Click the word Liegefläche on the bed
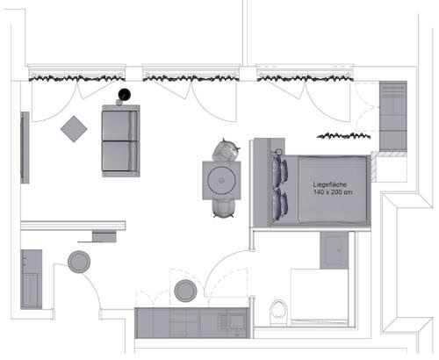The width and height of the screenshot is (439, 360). (330, 184)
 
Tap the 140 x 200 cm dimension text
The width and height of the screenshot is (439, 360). (333, 192)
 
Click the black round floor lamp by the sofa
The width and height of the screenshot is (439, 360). (125, 94)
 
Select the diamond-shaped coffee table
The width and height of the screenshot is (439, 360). (74, 129)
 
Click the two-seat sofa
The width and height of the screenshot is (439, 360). (121, 140)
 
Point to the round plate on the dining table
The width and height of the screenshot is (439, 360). (221, 180)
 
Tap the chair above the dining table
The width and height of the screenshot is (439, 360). (226, 150)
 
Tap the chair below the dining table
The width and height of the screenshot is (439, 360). (223, 208)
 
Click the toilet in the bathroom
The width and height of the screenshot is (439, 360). (278, 312)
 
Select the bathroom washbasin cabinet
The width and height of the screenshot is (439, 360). (335, 250)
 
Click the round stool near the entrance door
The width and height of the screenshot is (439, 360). (79, 262)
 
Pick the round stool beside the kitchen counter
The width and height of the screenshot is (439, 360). (185, 291)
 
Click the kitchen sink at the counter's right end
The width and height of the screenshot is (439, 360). (238, 321)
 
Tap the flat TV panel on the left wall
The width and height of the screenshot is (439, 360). (25, 148)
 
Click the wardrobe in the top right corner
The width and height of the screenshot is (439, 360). (393, 116)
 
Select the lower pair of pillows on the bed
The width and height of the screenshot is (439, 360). (280, 205)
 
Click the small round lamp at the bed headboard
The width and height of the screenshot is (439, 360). (278, 152)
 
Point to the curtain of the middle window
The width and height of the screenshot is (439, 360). (191, 78)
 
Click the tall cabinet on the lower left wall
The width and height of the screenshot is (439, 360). (31, 279)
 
